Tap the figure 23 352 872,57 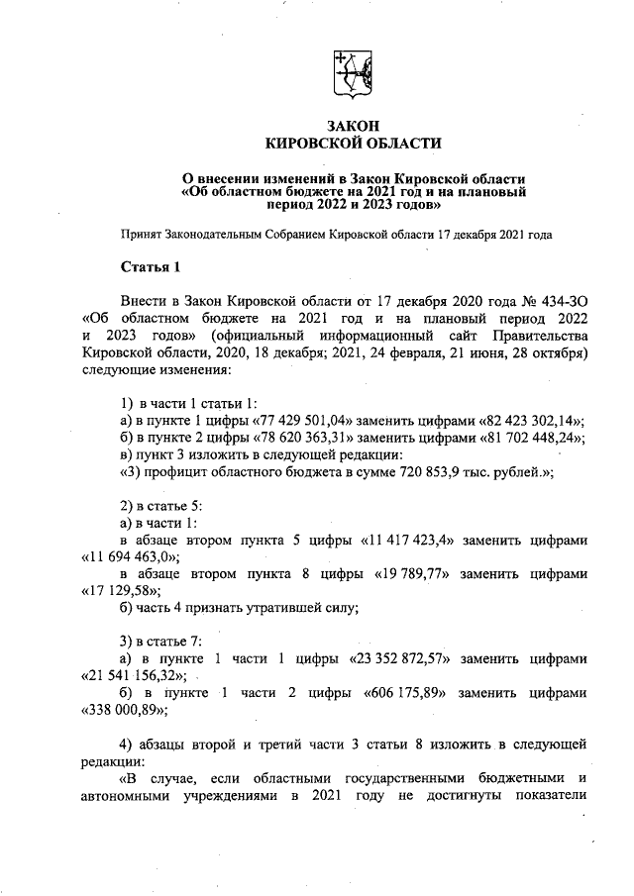407,658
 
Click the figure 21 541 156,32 127,675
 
